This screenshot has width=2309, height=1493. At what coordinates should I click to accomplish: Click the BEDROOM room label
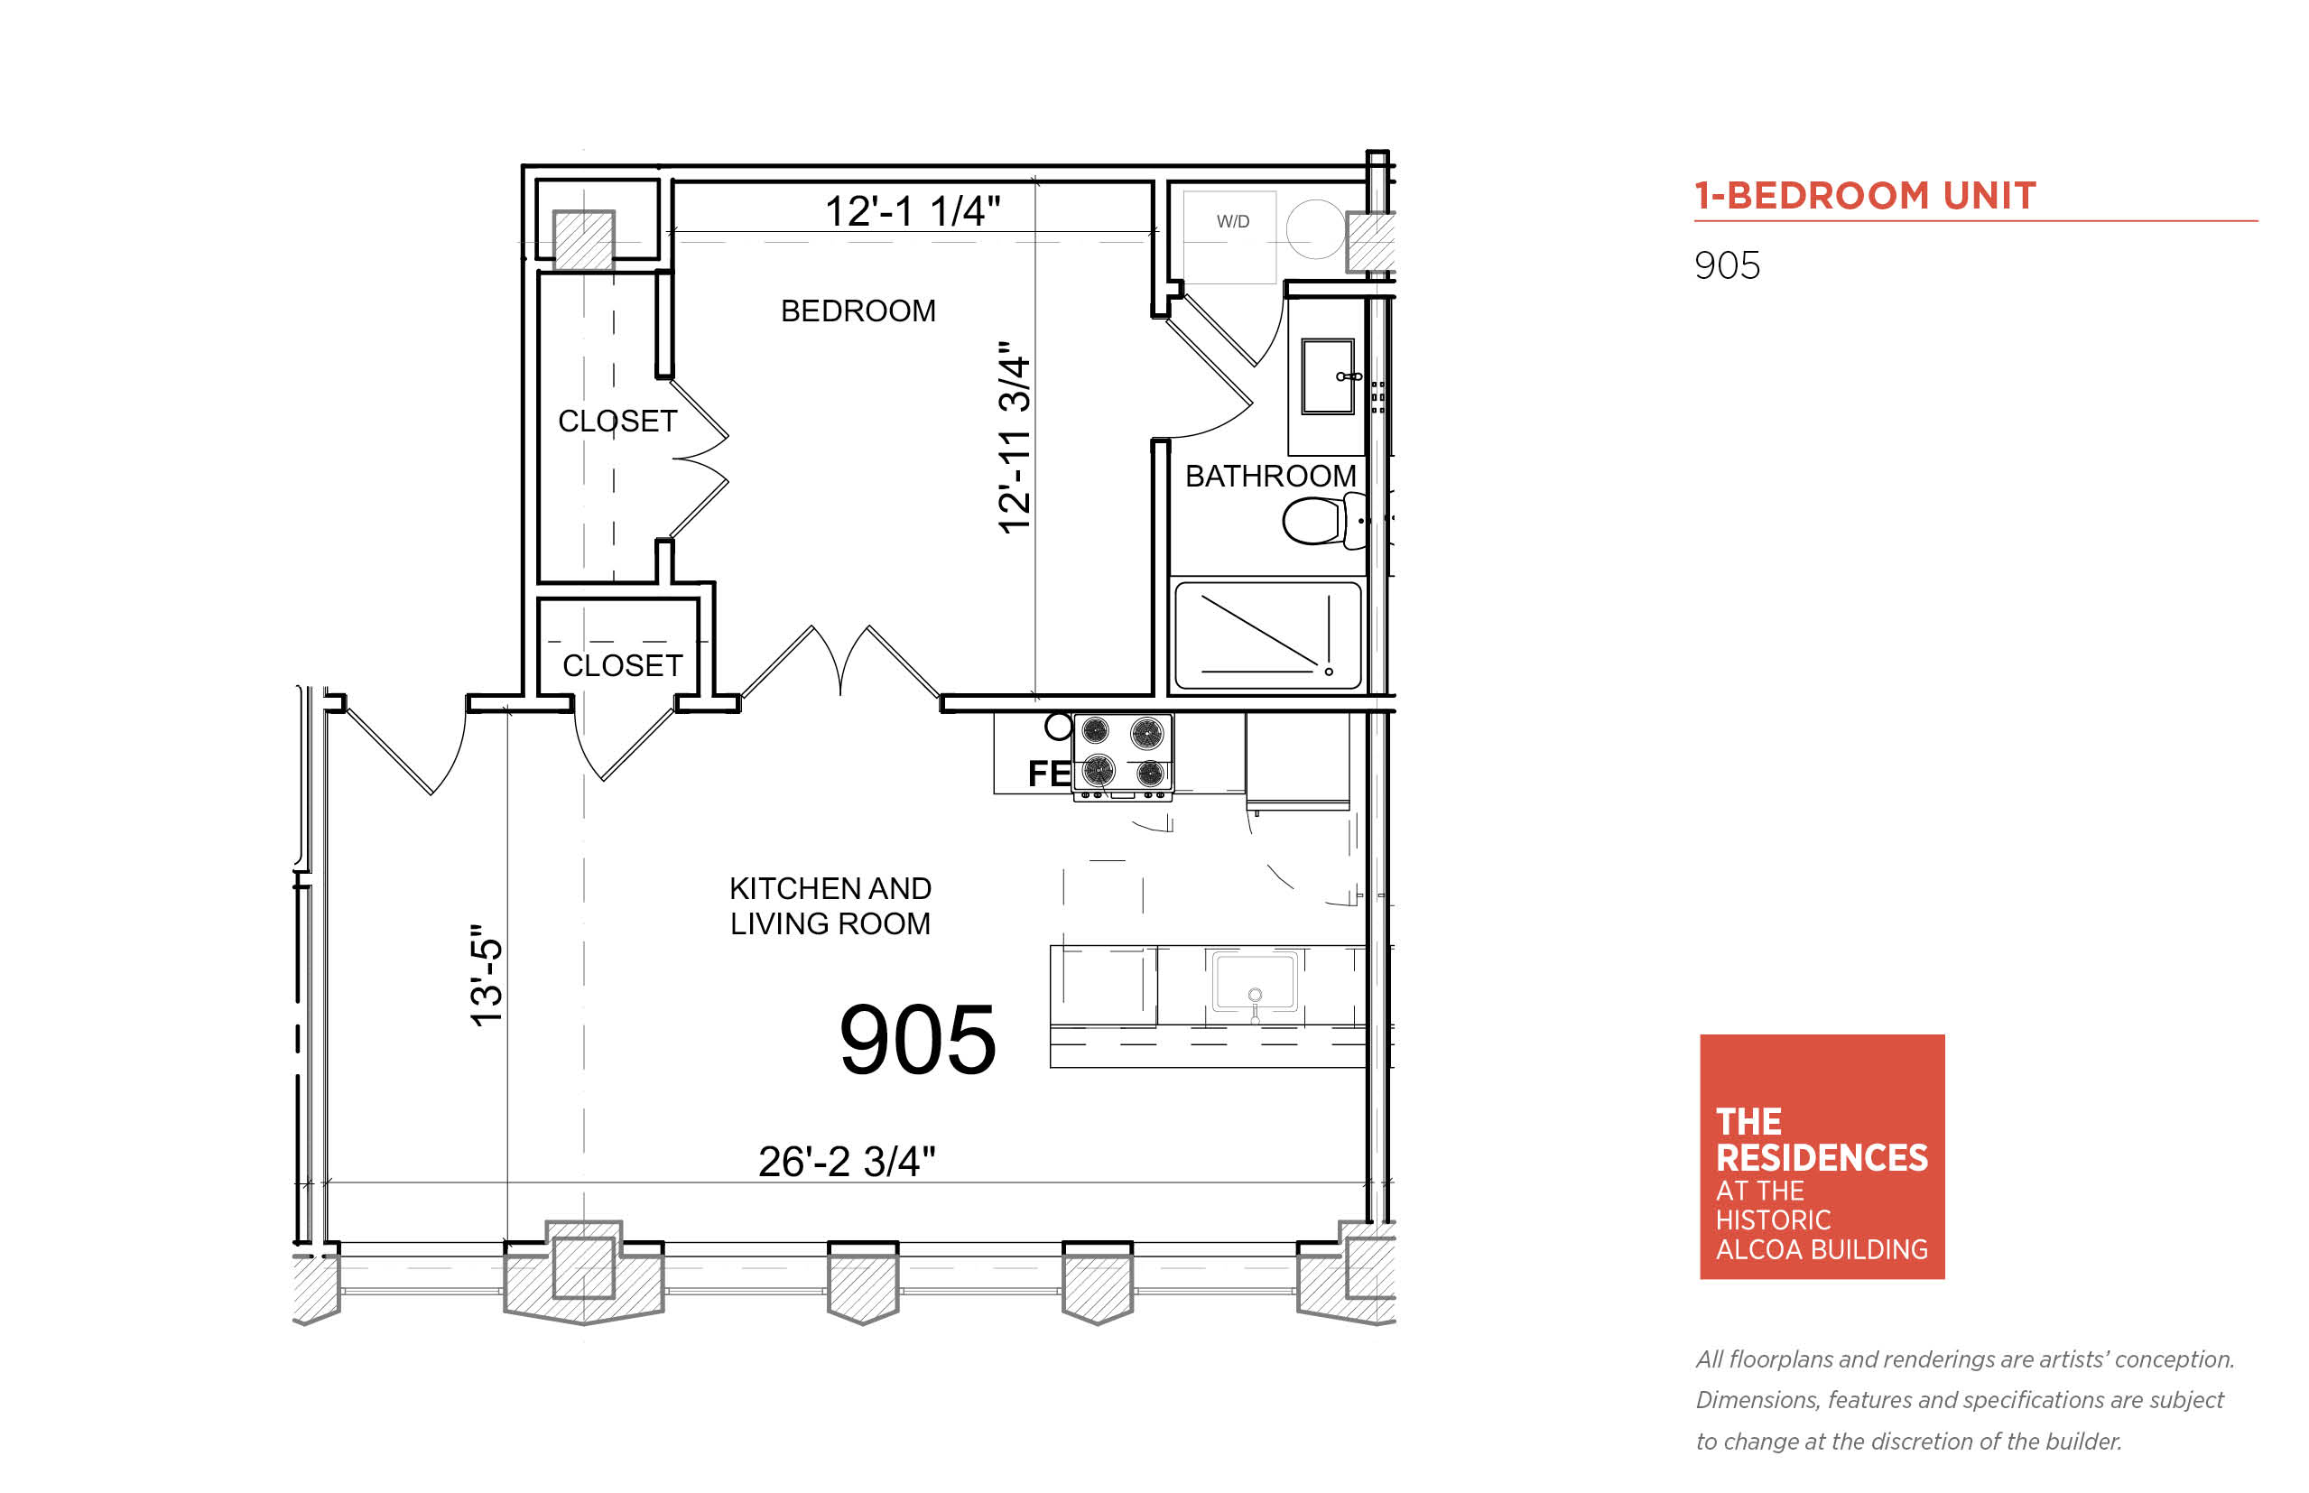858,311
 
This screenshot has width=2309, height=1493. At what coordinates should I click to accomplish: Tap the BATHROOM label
1270,476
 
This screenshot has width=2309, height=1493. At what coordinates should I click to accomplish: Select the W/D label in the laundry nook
1233,222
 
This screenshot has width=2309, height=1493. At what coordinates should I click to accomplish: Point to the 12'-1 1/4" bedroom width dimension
913,210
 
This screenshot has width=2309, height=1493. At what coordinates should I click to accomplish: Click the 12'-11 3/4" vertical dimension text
1014,436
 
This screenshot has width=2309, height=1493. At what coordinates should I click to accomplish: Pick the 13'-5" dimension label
487,975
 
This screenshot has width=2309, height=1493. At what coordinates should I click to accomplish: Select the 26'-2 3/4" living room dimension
847,1161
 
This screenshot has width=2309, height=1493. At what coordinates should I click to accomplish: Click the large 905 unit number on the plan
917,1039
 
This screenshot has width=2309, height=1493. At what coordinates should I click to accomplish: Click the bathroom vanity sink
1327,376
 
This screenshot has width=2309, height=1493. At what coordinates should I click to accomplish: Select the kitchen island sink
1255,981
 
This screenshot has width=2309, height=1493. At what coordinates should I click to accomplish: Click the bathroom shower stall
1268,635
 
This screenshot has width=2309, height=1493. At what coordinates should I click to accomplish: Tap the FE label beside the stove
1049,774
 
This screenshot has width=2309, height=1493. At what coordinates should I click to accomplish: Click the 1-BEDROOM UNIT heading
1865,196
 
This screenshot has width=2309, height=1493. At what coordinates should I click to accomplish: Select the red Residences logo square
1822,1156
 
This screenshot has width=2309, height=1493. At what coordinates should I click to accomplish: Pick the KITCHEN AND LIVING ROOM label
830,906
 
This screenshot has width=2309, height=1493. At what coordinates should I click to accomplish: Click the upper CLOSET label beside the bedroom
617,422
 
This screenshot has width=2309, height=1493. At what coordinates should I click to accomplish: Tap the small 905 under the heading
1728,265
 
